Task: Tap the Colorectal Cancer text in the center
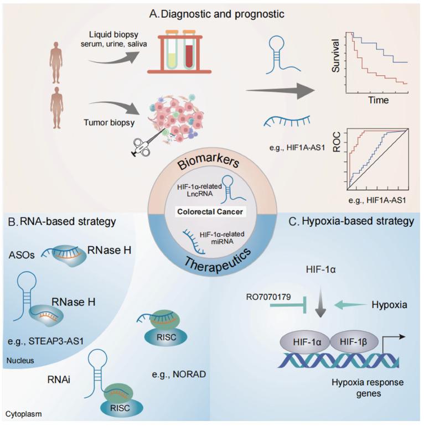[211, 211]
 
